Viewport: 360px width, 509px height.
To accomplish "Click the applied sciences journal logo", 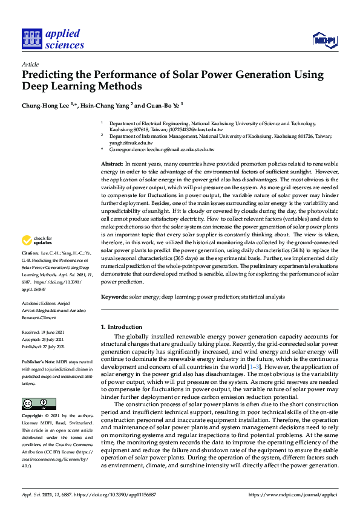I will (53, 39).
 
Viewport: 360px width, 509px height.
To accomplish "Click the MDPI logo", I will (324, 40).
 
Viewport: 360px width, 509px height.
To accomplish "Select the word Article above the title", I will (30, 63).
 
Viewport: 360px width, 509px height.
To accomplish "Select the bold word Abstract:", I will (112, 164).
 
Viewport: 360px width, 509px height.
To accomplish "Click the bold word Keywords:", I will (114, 297).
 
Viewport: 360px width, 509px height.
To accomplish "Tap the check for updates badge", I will (38, 241).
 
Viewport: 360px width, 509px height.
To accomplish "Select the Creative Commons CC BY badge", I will (39, 403).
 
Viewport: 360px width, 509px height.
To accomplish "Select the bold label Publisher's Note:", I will (38, 360).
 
